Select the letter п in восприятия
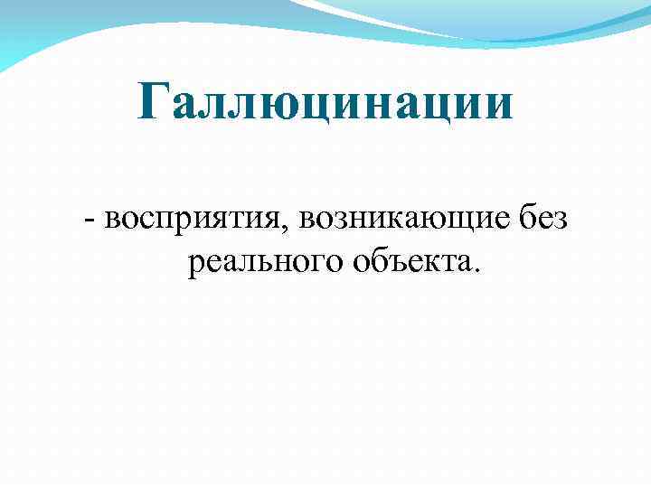pyautogui.click(x=165, y=221)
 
